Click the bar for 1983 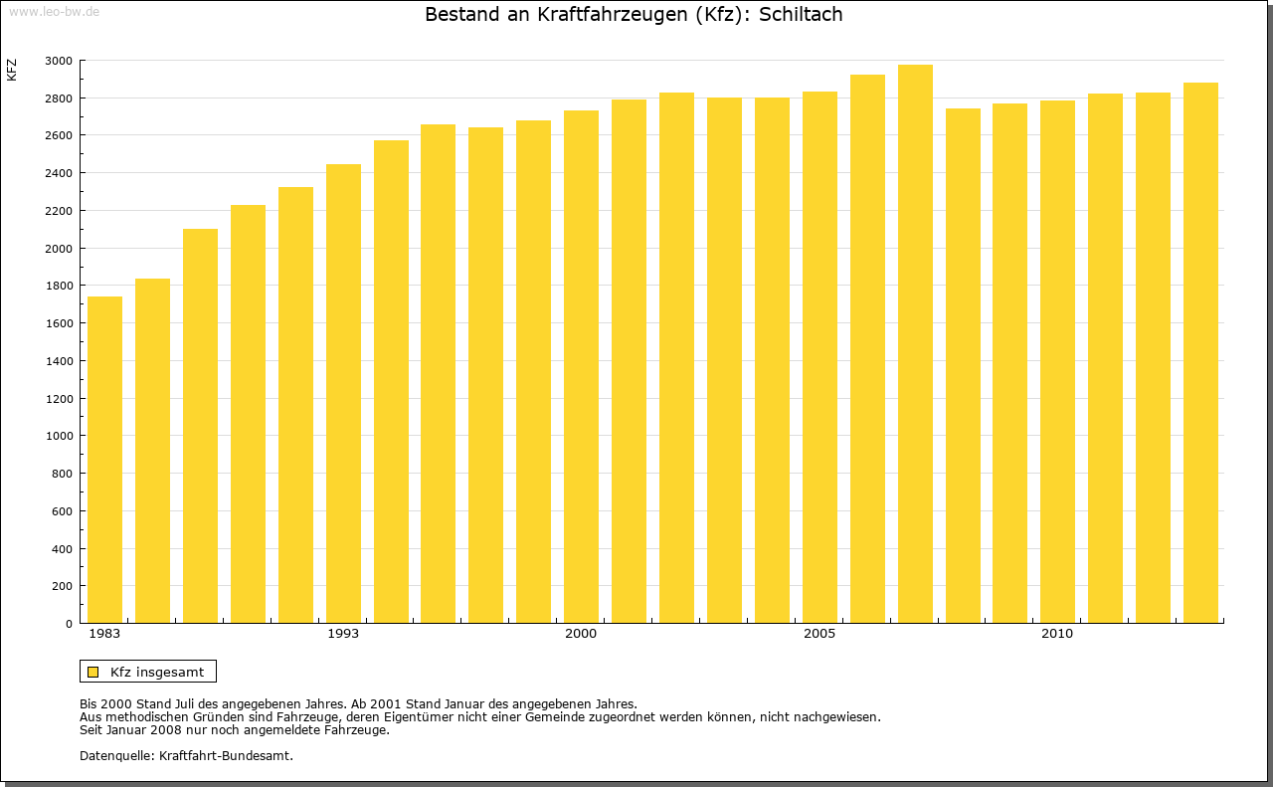coord(105,460)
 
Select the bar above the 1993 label coord(343,394)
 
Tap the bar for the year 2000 coord(581,367)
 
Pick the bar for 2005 coord(819,357)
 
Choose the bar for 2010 coord(1057,362)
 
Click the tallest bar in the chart coord(915,344)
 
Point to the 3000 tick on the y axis coord(59,61)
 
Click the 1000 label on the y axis coord(59,436)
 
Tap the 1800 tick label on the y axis coord(59,286)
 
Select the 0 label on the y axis coord(68,624)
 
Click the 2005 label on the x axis coord(819,634)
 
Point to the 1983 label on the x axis coord(104,634)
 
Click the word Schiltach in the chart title coord(801,15)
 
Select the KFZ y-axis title coord(12,70)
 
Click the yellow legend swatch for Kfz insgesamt coord(93,672)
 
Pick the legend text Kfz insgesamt coord(157,672)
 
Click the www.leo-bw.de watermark coord(53,10)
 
